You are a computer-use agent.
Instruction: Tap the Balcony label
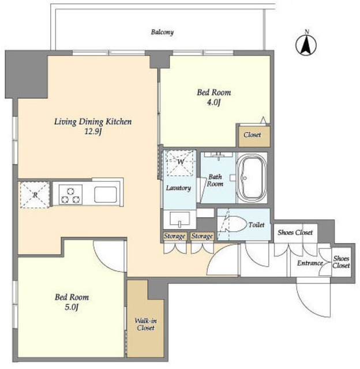click(x=162, y=32)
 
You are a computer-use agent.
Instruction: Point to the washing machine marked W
click(x=180, y=163)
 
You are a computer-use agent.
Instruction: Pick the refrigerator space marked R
click(x=35, y=195)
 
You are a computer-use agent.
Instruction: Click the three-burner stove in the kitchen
click(x=70, y=194)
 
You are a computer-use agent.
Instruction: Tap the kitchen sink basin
click(x=106, y=194)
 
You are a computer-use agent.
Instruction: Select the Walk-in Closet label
click(x=145, y=324)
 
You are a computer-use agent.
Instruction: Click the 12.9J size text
click(x=93, y=132)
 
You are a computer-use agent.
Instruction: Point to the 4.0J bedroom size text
click(x=213, y=103)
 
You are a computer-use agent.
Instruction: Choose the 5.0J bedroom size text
click(x=72, y=307)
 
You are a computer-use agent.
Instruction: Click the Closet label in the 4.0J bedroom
click(x=252, y=135)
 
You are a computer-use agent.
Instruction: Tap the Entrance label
click(x=310, y=263)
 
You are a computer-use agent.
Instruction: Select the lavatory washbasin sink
click(x=179, y=220)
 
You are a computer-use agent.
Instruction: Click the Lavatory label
click(x=178, y=188)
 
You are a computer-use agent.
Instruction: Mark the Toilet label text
click(x=256, y=225)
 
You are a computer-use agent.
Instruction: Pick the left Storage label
click(x=174, y=236)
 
